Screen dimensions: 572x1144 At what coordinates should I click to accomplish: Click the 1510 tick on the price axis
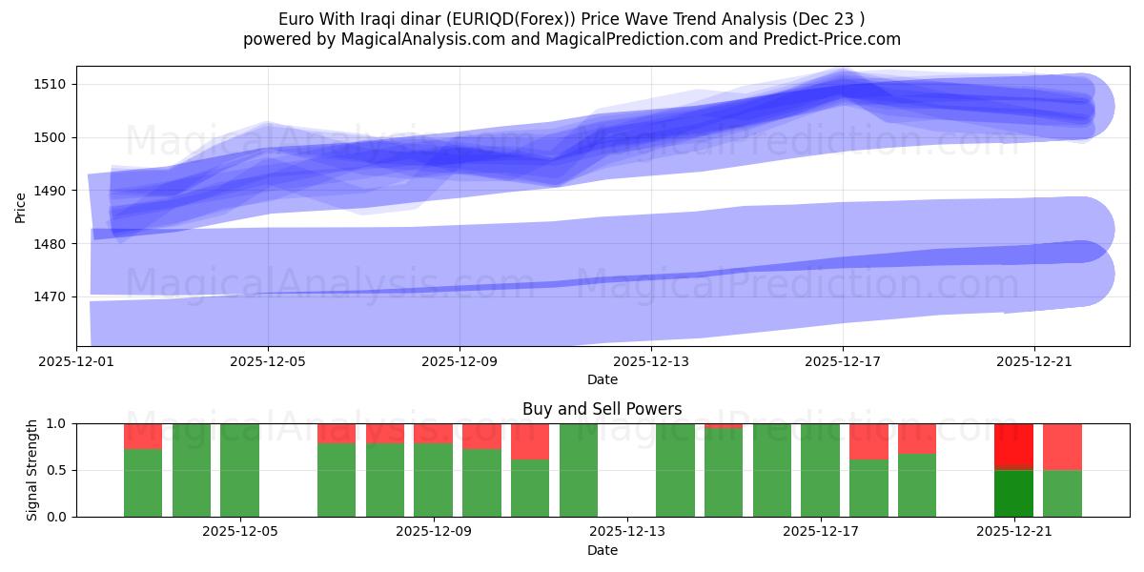coord(49,84)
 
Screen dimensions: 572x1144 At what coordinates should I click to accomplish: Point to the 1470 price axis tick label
coord(49,296)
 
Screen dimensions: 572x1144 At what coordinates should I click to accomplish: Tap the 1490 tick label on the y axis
coord(49,191)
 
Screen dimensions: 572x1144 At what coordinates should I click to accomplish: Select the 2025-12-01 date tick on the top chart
coord(76,361)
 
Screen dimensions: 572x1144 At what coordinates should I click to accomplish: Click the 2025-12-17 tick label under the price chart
coord(843,361)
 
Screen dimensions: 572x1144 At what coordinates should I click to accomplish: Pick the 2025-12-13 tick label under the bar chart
coord(626,531)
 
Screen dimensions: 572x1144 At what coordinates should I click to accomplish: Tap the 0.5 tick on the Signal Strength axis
coord(56,470)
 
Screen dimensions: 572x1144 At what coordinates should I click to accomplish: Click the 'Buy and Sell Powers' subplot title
coord(602,409)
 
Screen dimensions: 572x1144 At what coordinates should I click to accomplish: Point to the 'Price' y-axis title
coord(21,207)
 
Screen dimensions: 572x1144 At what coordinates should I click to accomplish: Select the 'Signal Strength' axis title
coord(32,470)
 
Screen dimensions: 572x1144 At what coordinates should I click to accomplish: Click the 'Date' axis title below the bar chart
coord(602,550)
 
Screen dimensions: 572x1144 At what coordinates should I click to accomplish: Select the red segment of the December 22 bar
coord(1062,446)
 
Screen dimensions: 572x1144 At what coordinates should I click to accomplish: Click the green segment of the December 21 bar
coord(1013,493)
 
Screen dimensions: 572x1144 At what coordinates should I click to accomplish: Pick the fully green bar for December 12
coord(579,470)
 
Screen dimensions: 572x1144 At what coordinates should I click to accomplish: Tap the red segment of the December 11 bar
coord(530,440)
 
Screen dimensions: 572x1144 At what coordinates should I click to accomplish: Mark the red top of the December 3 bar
coord(143,436)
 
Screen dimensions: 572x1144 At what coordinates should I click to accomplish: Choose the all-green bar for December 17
coord(820,470)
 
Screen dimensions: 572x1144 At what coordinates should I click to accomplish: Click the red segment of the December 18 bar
coord(868,440)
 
